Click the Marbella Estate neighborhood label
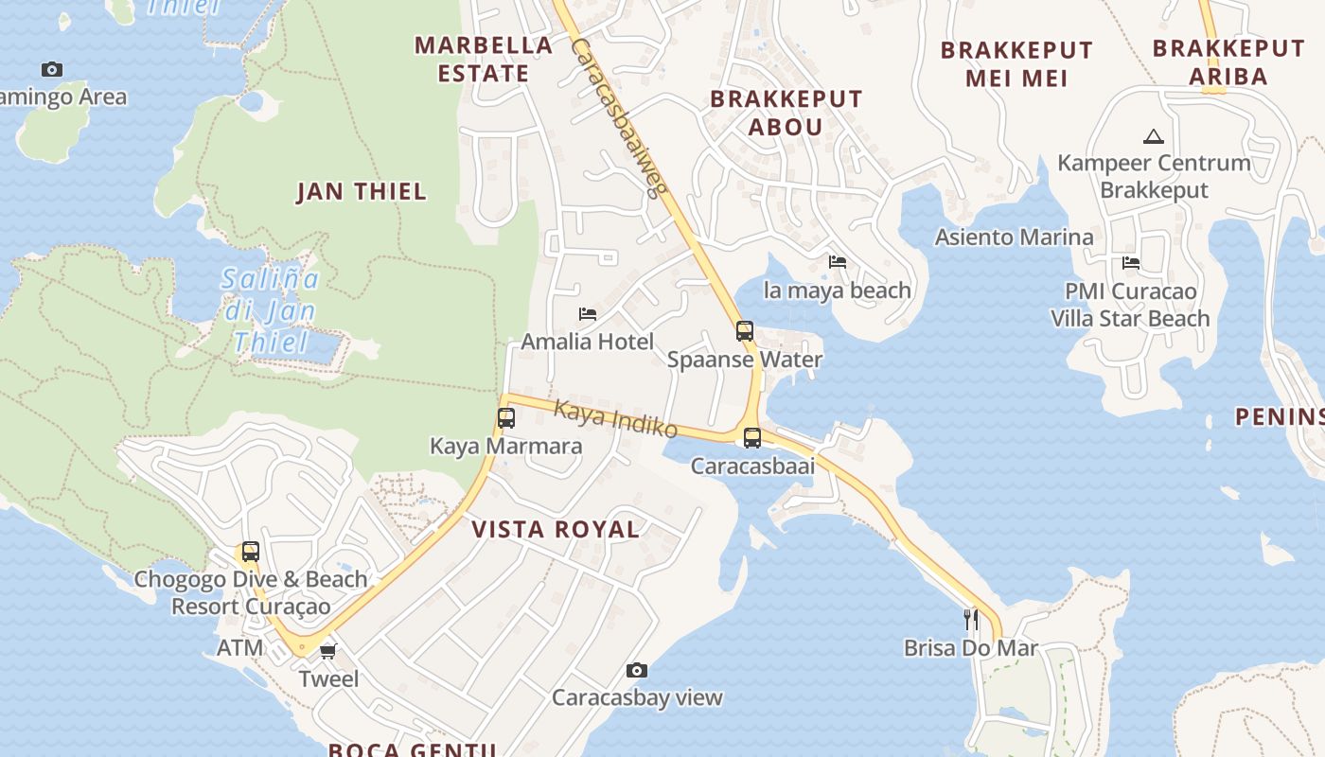(x=484, y=59)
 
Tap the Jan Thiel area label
(x=362, y=192)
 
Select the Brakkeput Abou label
(x=786, y=113)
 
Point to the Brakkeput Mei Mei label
(x=1016, y=63)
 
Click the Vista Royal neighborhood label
(x=556, y=530)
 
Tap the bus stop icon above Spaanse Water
(x=745, y=331)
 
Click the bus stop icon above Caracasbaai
(x=752, y=438)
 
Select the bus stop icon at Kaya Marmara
(x=506, y=418)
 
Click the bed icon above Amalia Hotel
(x=588, y=314)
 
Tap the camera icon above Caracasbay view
(x=637, y=671)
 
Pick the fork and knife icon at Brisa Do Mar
(x=971, y=620)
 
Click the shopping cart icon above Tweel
(x=328, y=651)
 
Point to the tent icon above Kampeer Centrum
(x=1153, y=136)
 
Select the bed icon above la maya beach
(x=838, y=262)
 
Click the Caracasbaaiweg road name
(x=618, y=117)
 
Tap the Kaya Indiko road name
(x=615, y=419)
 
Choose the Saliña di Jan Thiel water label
(x=271, y=309)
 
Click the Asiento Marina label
(x=1014, y=237)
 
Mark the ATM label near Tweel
(x=240, y=648)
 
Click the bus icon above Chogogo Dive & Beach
(x=251, y=552)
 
